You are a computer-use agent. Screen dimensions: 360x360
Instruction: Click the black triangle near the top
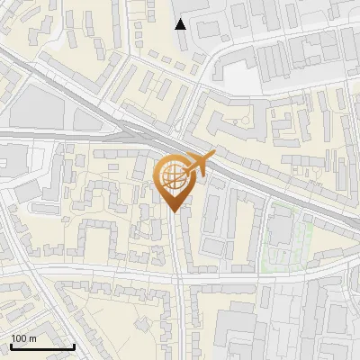(181, 23)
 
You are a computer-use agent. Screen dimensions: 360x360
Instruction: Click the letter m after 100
(32, 338)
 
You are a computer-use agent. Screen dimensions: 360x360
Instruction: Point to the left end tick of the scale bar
(12, 345)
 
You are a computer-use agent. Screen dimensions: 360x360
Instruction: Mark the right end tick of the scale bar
(74, 345)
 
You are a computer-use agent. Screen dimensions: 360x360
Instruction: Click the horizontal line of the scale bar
(42, 346)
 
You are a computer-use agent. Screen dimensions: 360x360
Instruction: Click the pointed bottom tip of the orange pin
(174, 211)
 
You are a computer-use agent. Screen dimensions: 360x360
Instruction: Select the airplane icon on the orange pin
(198, 165)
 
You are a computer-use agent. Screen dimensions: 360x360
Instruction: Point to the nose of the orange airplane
(214, 156)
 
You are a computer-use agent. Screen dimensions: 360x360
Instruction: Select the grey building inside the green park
(280, 229)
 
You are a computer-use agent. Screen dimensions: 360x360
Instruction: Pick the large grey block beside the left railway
(36, 108)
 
